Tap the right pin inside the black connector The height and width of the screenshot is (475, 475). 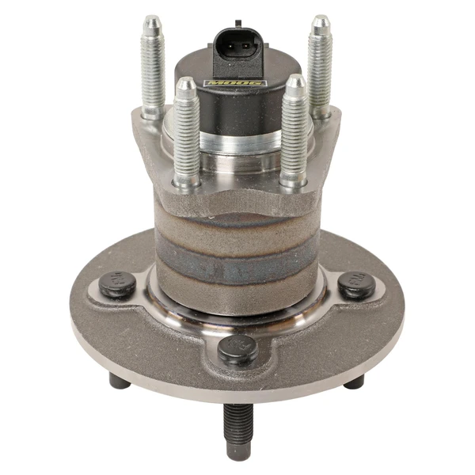coord(246,45)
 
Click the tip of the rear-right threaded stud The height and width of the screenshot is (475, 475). coord(319,21)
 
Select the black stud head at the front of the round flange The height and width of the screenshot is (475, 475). coord(237,349)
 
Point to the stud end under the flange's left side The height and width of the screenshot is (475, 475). coord(120,381)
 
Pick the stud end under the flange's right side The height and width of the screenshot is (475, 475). coord(354,382)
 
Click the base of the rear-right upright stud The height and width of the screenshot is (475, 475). coord(320,111)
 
